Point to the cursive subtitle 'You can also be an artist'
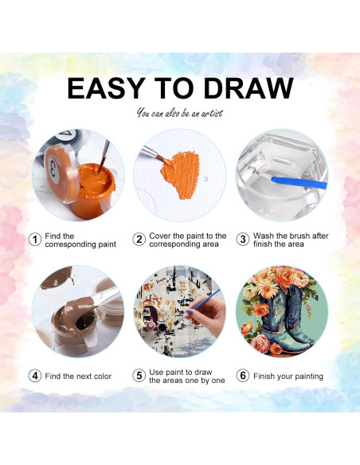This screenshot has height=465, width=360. pos(179,113)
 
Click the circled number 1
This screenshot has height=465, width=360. pos(35,239)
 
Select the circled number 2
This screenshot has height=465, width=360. pos(139,239)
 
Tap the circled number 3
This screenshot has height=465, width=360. pos(242,239)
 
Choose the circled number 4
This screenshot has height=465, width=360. pos(35,376)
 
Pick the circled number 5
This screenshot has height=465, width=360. pos(139,376)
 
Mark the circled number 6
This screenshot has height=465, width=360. pos(242,376)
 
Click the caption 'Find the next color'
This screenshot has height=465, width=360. pos(79,376)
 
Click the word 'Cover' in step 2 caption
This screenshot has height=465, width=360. pos(162,236)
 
